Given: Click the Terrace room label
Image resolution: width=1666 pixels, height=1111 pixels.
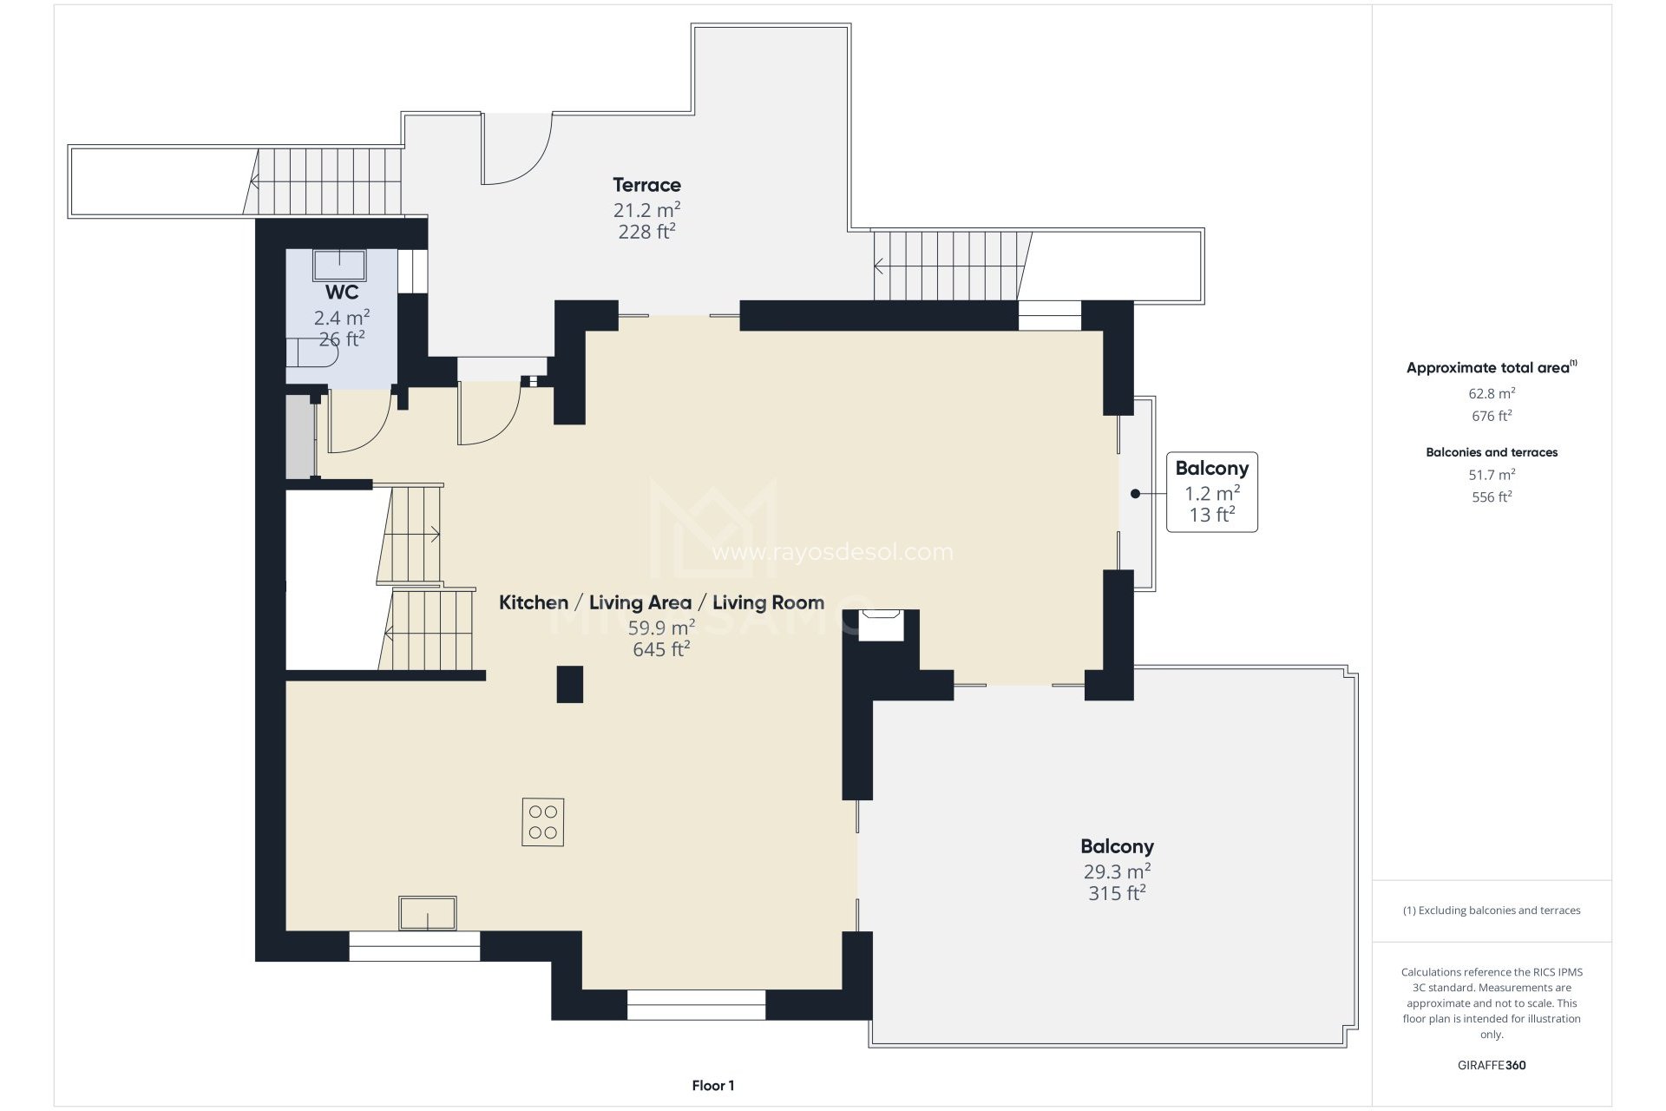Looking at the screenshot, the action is tap(646, 185).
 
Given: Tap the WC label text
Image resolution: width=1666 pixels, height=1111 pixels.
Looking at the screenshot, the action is tap(342, 293).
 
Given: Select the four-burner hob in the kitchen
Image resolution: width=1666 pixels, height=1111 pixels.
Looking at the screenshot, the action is tap(543, 822).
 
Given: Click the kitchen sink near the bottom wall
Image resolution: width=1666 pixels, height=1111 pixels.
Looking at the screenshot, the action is tap(428, 913).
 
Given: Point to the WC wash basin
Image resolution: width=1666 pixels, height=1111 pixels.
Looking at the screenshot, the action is tap(339, 265).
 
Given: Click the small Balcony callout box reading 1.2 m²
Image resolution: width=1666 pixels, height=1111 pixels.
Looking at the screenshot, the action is tap(1212, 492).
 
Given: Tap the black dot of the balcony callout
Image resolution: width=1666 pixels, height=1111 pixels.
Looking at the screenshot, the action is tap(1135, 494).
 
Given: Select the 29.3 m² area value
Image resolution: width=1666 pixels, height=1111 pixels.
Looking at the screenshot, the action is tap(1118, 871).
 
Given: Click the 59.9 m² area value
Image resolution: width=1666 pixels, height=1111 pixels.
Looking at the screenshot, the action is tap(661, 628).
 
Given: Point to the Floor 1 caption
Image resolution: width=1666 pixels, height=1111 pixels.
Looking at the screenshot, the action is tap(713, 1085).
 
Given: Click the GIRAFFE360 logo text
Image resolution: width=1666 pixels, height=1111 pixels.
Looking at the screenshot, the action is tap(1492, 1065).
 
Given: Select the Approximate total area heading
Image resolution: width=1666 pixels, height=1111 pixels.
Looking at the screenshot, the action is tap(1492, 368).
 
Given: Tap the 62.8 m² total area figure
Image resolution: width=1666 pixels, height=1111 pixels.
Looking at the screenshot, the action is tap(1492, 393).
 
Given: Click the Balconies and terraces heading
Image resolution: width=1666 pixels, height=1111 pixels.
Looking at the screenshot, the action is tap(1492, 452).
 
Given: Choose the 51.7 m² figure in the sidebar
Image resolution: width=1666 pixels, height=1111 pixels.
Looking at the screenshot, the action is tap(1492, 475).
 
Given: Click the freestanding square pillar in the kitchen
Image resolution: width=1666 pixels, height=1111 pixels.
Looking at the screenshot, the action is tap(569, 684).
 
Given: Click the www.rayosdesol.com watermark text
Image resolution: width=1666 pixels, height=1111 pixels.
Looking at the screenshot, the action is tap(832, 552).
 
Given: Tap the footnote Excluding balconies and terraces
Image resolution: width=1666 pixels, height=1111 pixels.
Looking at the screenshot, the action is tap(1492, 910).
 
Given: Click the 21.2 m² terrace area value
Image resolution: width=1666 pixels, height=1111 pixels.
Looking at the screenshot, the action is tap(646, 209).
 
